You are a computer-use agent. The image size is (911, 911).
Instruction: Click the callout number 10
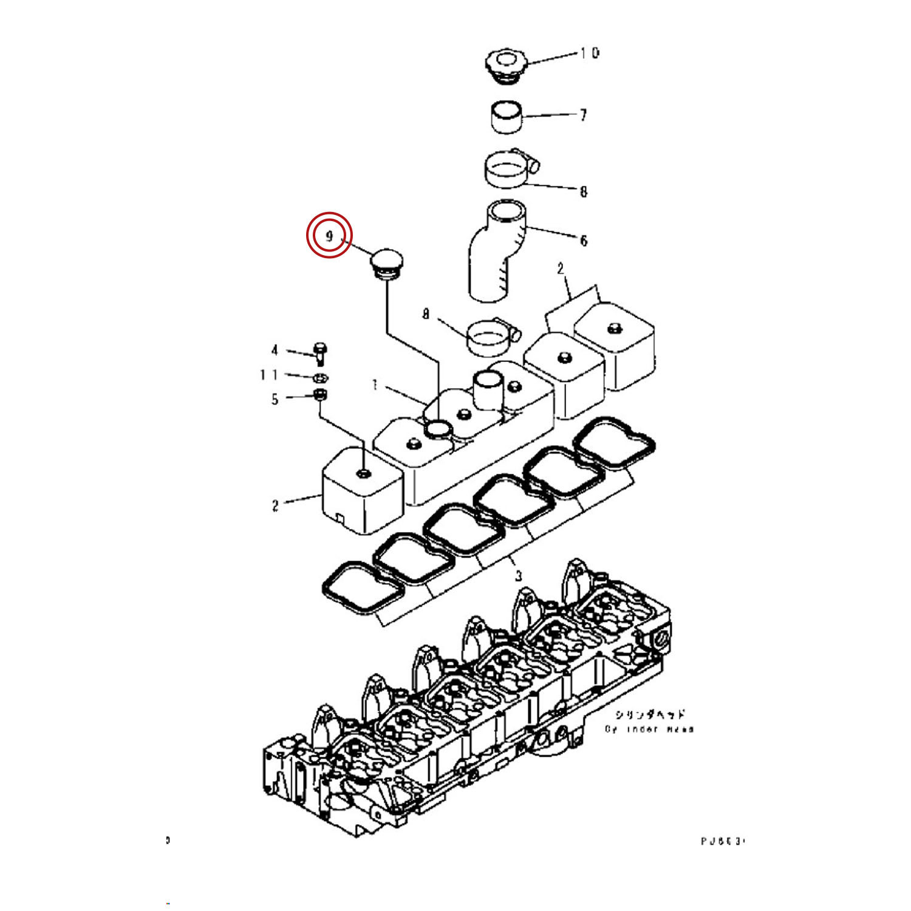589,53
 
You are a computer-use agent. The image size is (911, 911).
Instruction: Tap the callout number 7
583,115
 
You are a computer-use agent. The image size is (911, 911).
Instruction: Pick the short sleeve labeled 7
507,117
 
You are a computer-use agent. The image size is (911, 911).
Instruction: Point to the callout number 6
584,241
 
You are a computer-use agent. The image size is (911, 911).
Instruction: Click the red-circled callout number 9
329,236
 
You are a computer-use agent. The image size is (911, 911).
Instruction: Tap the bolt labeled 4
321,353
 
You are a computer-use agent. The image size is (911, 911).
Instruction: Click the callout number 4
275,350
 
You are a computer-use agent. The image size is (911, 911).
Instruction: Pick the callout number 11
268,375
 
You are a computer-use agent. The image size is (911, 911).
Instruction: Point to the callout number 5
275,399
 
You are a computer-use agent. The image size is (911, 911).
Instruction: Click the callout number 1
375,385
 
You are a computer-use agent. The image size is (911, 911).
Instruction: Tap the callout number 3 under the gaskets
518,575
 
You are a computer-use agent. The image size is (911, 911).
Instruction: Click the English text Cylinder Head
649,729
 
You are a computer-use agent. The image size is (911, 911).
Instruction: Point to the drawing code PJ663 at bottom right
722,841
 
